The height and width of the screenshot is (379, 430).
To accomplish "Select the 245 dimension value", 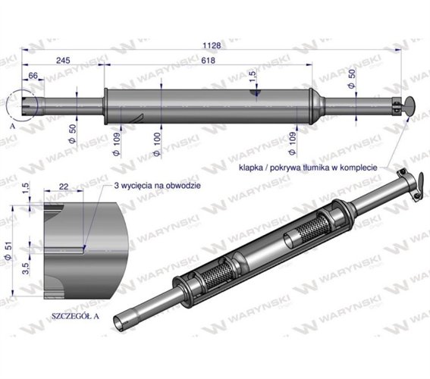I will coord(62,60).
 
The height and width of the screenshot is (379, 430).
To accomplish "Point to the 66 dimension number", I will coord(33,76).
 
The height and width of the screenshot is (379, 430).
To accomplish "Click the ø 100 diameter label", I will coord(156,142).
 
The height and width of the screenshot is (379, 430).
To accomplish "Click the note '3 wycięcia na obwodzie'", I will coord(156,185).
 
